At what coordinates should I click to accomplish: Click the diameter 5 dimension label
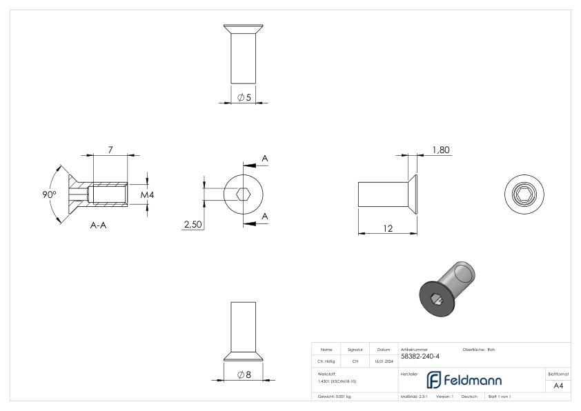244,98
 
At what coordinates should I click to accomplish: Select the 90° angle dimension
49,194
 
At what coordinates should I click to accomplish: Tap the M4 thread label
147,195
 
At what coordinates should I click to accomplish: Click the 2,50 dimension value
192,224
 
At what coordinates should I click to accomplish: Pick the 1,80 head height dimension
442,150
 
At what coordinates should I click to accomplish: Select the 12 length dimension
388,228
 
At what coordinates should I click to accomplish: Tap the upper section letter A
265,159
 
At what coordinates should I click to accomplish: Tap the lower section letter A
265,217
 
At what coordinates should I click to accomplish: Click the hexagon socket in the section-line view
242,194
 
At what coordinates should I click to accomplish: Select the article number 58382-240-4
420,357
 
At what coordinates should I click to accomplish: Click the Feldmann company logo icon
434,380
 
